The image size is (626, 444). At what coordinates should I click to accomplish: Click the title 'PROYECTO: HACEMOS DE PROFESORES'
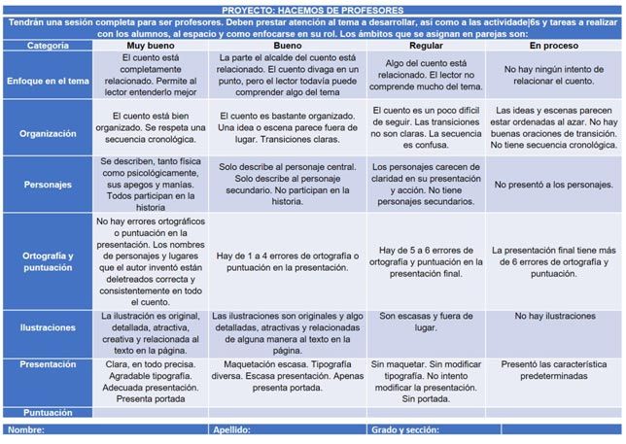click(312, 6)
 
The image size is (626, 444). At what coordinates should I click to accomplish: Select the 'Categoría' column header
click(48, 46)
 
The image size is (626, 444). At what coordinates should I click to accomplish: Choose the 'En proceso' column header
click(554, 46)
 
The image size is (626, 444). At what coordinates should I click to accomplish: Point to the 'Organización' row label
click(48, 131)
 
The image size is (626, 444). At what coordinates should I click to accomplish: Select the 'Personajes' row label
click(48, 185)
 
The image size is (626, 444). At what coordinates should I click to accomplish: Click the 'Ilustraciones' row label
click(48, 324)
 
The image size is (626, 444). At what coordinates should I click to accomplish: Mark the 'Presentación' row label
click(48, 364)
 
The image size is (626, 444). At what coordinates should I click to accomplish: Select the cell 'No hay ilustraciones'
click(555, 317)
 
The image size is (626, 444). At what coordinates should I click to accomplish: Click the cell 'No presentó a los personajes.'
click(555, 185)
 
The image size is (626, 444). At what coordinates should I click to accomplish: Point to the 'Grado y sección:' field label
click(407, 428)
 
